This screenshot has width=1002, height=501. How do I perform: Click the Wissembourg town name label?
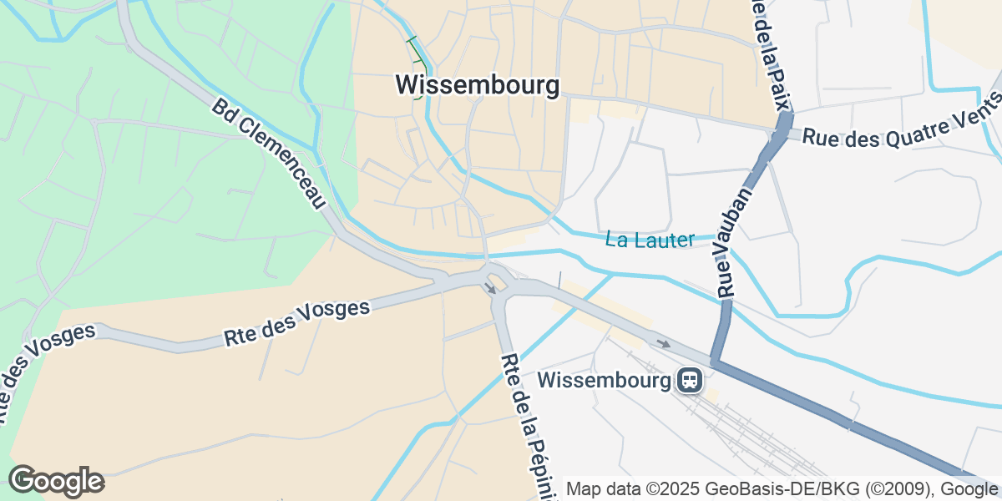coord(477,85)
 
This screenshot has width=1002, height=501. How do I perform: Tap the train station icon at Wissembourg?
coord(690,381)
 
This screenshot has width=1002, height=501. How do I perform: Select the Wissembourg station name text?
coord(605,381)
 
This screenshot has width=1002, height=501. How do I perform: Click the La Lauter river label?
coord(650,240)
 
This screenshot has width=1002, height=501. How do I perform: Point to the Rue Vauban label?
coord(735,242)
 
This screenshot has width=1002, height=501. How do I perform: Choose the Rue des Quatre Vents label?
coord(900,124)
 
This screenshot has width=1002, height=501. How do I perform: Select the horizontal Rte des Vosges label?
coord(296,323)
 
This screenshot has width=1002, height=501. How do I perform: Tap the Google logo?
coord(56,481)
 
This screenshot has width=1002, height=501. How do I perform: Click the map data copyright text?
coord(782,488)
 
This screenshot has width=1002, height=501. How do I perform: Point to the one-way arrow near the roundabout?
coord(490,289)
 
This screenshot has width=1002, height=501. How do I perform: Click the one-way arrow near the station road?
coord(664,343)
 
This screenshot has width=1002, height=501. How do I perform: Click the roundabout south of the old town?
coord(496,279)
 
